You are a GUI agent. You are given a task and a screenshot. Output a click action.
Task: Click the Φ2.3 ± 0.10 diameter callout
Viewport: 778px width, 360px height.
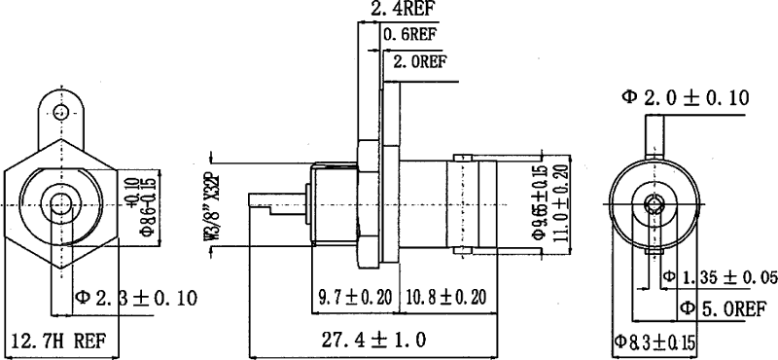tap(136, 297)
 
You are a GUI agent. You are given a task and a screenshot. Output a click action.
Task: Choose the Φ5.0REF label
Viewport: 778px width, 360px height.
tap(725, 309)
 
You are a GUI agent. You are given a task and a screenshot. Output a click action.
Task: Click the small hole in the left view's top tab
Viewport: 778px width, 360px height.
tap(61, 112)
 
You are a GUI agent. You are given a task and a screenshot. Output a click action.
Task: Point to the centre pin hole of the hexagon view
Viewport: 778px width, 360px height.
tap(61, 205)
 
